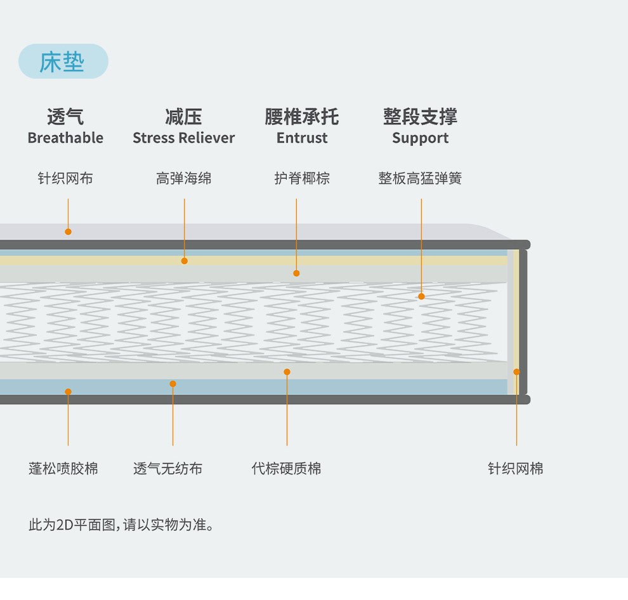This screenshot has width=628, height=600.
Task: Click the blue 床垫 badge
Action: pos(63,62)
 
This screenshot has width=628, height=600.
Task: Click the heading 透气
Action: pos(65,117)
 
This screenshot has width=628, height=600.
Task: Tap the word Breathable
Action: pos(65,138)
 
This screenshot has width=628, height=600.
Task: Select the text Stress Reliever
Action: pos(183,138)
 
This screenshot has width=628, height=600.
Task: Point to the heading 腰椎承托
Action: pos(301,117)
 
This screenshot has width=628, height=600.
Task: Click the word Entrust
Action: pos(302,138)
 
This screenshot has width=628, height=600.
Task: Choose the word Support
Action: pos(420,138)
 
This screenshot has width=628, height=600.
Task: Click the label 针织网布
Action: pos(65,179)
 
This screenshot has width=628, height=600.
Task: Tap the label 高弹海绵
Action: pos(183,179)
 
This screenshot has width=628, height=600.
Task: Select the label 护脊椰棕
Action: pos(302,179)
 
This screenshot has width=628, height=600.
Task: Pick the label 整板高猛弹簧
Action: pos(420,179)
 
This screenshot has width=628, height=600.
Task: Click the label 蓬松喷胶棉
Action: pos(63,469)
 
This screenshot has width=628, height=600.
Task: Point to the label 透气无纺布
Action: pos(167,469)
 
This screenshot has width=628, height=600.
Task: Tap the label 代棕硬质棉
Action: pos(286,469)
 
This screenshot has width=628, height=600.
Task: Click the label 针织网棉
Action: pos(515,469)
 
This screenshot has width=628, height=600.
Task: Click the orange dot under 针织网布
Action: pos(68,232)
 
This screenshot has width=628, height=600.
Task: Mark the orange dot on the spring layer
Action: pos(421,296)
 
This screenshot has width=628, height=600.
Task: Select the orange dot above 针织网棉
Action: pos(516,372)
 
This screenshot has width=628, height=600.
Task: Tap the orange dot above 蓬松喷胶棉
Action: pos(68,391)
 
